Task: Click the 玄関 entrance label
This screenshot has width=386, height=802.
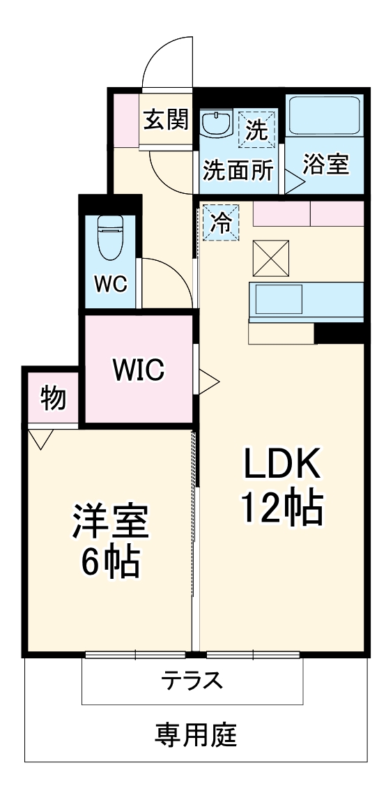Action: [166, 120]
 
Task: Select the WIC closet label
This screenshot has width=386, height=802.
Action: [139, 370]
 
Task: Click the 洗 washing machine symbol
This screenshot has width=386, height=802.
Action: [257, 129]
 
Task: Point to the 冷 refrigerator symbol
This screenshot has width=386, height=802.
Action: [221, 222]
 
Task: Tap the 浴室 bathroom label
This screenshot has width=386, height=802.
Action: [325, 165]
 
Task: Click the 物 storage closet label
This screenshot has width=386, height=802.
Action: [53, 399]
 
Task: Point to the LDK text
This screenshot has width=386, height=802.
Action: [281, 463]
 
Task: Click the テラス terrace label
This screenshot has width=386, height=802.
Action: [192, 679]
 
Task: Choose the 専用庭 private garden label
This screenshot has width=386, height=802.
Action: [196, 734]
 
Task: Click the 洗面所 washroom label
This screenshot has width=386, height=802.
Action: [238, 171]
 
